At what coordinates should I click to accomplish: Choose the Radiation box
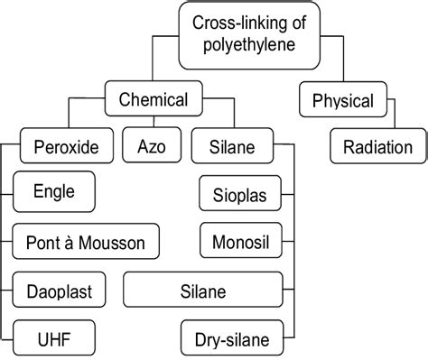377,147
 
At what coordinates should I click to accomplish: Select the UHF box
51,339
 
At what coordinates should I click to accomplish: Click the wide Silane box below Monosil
203,291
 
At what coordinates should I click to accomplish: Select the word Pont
42,242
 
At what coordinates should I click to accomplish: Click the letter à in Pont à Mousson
72,242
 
